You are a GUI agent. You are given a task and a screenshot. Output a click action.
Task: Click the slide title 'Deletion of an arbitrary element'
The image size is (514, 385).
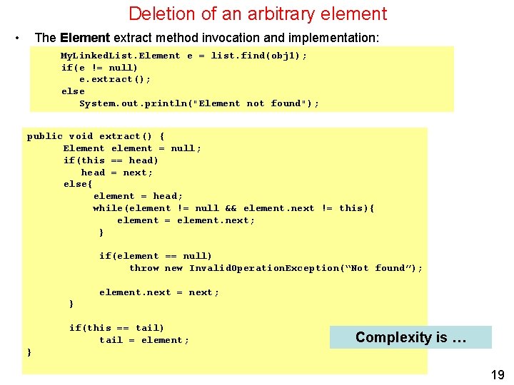[x=257, y=14]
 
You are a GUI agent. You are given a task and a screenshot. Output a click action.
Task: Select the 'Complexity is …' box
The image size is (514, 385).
[x=410, y=337]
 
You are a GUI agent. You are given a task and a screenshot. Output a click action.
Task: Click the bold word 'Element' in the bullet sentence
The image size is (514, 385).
[x=85, y=37]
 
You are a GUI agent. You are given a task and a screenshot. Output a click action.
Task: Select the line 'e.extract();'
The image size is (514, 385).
[x=115, y=79]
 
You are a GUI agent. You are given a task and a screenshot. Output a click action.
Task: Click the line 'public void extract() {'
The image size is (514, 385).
[x=96, y=136]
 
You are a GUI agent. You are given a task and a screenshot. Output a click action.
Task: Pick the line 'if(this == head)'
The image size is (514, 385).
[x=111, y=160]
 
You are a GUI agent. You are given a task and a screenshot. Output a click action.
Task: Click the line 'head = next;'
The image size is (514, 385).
[x=117, y=173]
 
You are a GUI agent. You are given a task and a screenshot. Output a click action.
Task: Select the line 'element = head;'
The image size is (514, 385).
[x=138, y=196]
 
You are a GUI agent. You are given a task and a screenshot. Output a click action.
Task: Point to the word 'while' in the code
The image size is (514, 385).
[x=108, y=208]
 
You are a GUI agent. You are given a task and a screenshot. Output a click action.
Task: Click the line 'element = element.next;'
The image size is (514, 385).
[x=186, y=220]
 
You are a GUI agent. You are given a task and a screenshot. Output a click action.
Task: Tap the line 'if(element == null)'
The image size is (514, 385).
[x=156, y=256]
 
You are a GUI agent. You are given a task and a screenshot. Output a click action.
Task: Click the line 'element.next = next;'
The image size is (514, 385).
[x=159, y=292]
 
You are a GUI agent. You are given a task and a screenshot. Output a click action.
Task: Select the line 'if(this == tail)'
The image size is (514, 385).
[x=116, y=328]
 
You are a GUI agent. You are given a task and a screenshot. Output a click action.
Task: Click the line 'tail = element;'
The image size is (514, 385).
[x=144, y=340]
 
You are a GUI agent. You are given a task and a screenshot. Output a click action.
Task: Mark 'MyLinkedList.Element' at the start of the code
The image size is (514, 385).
[x=121, y=56]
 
